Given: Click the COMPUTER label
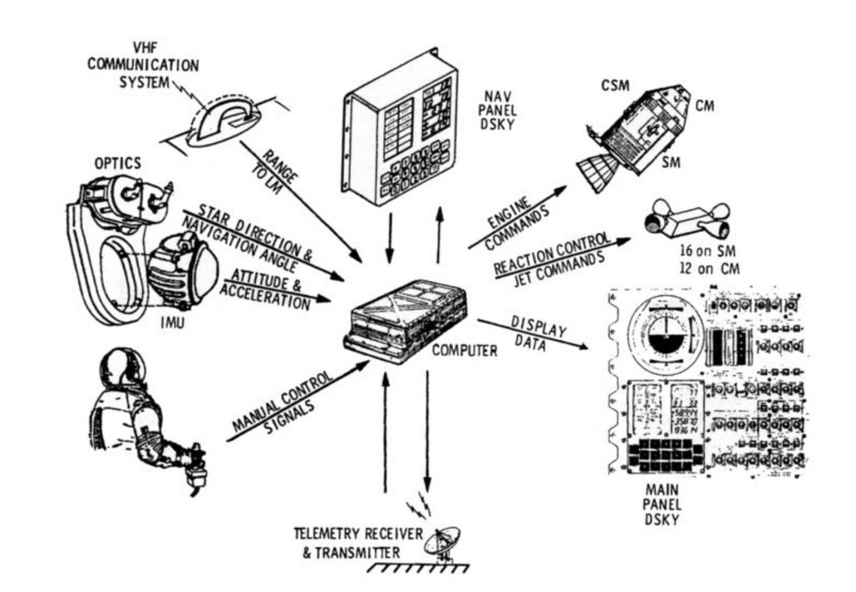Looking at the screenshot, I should tap(464, 350).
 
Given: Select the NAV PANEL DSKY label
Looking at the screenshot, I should tap(499, 110).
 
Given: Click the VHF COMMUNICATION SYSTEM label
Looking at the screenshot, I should tap(143, 65).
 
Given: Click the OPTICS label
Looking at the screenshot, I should tap(117, 163).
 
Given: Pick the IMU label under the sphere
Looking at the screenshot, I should tap(172, 322).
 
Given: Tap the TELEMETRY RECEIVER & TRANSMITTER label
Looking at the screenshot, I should tap(358, 543).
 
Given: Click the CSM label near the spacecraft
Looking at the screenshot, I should tap(615, 85).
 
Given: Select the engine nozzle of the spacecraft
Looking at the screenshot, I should tap(595, 173).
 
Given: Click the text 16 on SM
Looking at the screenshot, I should tap(707, 251).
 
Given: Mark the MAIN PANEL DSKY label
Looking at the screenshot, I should tap(662, 504).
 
